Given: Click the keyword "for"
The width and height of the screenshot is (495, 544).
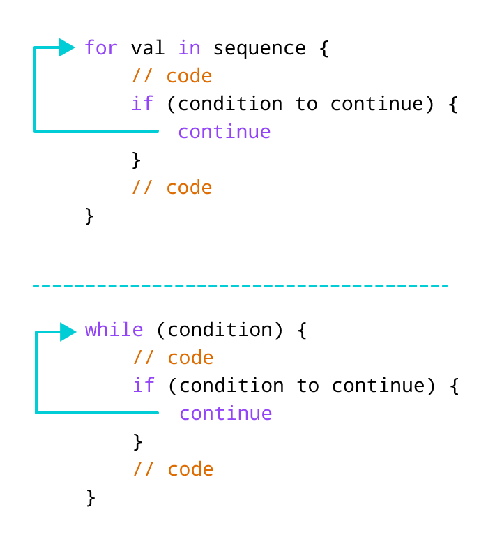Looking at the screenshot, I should [x=101, y=47].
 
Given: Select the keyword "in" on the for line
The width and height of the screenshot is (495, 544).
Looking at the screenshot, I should [x=189, y=47].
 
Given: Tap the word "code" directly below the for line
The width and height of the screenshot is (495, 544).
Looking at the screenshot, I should [x=189, y=75].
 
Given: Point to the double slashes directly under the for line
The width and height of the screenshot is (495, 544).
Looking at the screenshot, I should [x=142, y=75].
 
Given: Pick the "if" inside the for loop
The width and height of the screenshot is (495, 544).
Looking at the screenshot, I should [x=142, y=103].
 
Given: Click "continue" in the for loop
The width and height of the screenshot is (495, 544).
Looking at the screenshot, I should [x=224, y=131].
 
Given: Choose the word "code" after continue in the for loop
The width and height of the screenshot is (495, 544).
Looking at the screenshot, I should [x=189, y=187].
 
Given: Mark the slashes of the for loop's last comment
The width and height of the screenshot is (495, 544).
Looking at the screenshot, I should [x=142, y=187].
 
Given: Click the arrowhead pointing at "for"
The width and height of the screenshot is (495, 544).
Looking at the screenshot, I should [x=66, y=47].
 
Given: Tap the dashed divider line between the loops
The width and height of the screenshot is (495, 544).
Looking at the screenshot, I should [x=241, y=285].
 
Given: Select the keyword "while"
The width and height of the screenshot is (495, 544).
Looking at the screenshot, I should [x=114, y=329].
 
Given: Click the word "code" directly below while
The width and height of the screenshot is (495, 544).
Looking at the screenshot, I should [x=190, y=357].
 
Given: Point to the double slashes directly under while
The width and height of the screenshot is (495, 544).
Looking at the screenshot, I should [x=144, y=357].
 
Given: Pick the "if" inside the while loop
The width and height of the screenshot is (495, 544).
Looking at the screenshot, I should [x=144, y=385].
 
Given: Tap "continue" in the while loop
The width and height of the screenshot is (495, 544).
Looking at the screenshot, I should [x=225, y=413].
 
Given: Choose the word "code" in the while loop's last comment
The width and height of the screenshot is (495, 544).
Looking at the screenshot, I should [x=190, y=469].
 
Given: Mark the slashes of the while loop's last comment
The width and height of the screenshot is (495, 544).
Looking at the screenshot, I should [x=144, y=469].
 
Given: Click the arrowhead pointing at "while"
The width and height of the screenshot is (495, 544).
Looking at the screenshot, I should [x=68, y=332].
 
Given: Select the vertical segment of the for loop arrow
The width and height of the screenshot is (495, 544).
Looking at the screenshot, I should [x=35, y=89].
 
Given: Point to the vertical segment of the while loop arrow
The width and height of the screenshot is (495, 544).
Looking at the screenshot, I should [x=36, y=372].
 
